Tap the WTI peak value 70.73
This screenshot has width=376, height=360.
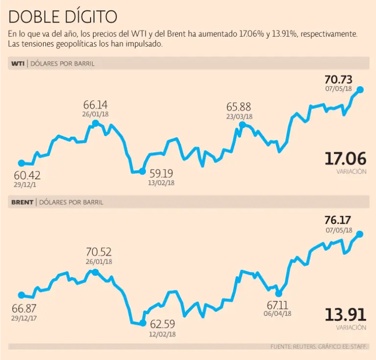pos(338,80)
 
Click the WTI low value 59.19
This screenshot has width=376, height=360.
pos(161,173)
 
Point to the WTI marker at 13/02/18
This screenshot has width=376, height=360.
pos(142,171)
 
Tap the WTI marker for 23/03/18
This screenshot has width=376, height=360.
pos(241,125)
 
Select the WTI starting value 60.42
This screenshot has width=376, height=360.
pos(27,175)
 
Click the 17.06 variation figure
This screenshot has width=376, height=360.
pos(345,159)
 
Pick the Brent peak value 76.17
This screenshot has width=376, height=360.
pos(338,220)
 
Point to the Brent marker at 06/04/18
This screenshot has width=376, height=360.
pos(279,293)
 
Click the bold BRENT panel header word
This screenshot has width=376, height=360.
pos(22,202)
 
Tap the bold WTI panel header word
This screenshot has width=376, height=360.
pos(18,63)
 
